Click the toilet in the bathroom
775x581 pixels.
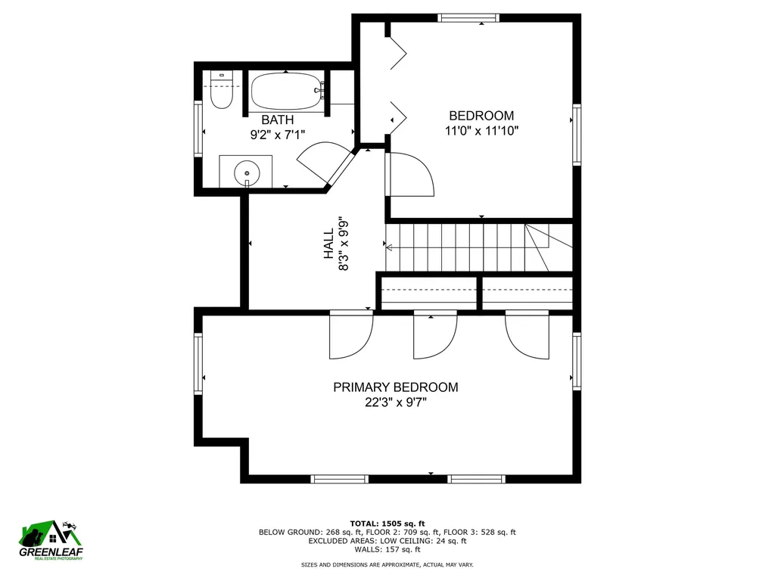221,90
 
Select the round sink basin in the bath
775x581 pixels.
246,173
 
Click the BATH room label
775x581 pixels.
277,120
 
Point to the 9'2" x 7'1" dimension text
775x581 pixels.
277,135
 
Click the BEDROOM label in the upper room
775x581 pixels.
481,116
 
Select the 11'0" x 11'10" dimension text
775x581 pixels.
481,131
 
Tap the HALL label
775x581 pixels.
329,244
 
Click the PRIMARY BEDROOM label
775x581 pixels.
395,387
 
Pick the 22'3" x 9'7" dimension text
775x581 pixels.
395,402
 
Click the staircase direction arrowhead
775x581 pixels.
389,247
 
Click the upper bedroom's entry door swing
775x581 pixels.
409,174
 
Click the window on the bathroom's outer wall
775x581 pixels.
198,129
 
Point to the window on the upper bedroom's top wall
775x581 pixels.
468,18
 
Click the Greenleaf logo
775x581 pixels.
51,541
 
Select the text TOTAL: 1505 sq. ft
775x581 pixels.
387,524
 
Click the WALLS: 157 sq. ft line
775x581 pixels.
387,549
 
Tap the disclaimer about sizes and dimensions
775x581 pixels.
387,564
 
